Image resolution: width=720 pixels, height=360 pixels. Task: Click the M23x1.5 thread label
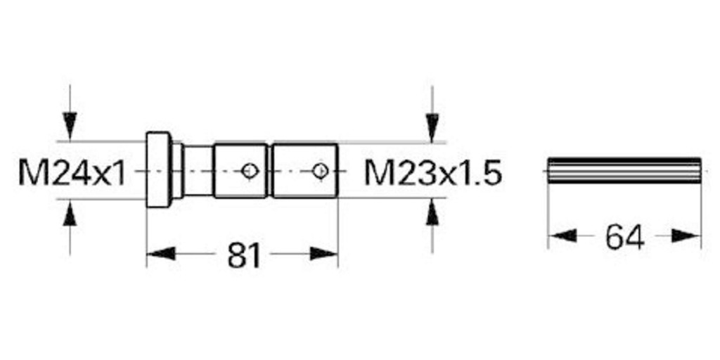[433, 173]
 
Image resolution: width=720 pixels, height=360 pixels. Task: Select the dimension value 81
[244, 255]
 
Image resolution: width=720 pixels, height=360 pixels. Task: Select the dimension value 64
[625, 238]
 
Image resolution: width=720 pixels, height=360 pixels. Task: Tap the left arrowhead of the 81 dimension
[161, 253]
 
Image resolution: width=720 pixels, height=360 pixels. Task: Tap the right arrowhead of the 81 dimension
[324, 253]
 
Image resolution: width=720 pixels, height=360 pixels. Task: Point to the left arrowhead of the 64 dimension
[562, 236]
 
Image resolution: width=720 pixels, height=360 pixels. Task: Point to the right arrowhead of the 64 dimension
[686, 236]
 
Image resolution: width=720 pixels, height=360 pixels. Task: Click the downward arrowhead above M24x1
[70, 125]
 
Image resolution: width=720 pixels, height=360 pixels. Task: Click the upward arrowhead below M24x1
[70, 215]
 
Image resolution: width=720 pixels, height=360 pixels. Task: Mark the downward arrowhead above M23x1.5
[432, 128]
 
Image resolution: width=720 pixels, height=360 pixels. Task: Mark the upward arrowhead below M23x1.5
[432, 212]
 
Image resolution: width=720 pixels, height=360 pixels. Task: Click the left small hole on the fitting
[250, 171]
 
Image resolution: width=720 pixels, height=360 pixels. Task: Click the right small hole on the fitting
[320, 171]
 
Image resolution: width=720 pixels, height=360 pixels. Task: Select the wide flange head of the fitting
[159, 169]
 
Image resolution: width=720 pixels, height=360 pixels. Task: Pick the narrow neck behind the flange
[198, 171]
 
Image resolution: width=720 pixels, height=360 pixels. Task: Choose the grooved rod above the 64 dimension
[625, 171]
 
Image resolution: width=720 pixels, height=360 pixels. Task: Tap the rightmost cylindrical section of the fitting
[305, 171]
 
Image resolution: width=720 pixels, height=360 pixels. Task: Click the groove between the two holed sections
[270, 171]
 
